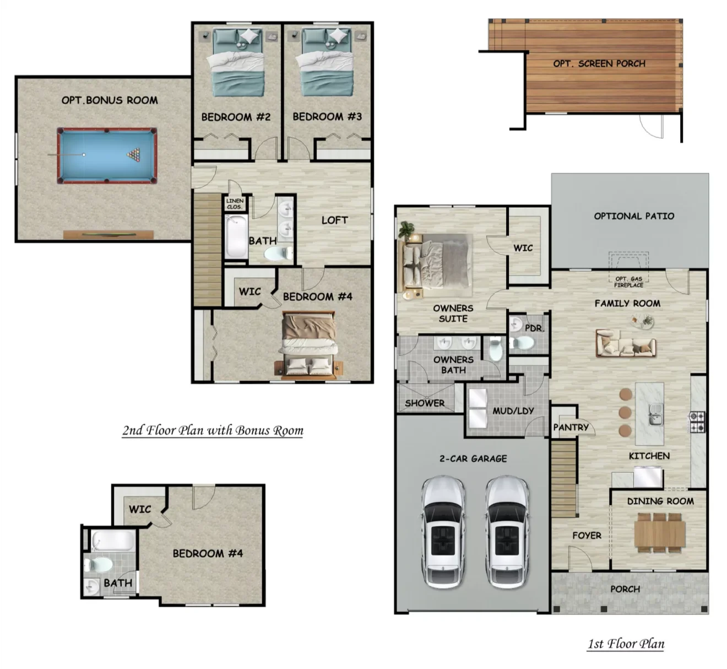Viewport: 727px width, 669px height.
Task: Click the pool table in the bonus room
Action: [x=107, y=155]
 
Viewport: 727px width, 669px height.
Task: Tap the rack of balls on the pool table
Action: [x=133, y=155]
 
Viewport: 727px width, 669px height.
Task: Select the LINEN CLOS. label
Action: [x=235, y=204]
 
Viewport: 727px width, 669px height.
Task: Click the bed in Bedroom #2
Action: [x=238, y=63]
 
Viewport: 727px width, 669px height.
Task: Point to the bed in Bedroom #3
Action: [x=325, y=63]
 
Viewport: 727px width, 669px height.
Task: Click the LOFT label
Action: [x=334, y=220]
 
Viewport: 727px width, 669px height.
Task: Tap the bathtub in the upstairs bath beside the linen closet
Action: [x=236, y=237]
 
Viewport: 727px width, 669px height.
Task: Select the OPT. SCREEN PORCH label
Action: [x=599, y=64]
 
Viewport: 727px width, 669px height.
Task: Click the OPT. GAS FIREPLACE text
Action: [x=629, y=282]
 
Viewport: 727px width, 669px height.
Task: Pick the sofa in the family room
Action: [x=626, y=343]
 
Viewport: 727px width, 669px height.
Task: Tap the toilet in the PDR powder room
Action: [x=522, y=342]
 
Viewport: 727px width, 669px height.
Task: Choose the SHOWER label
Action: [x=425, y=403]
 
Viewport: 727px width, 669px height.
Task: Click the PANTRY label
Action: [x=571, y=428]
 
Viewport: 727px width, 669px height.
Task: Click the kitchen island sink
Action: [x=655, y=414]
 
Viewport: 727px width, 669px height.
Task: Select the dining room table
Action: [x=660, y=532]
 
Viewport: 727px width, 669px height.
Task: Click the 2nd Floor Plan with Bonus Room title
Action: [x=213, y=430]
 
